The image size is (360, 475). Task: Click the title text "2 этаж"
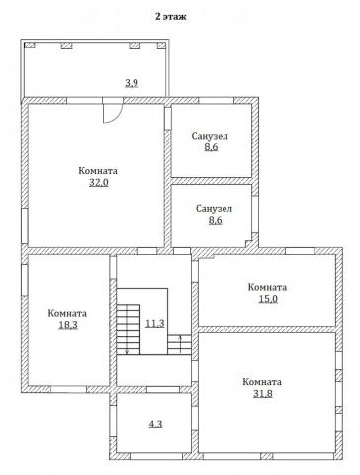point(170,17)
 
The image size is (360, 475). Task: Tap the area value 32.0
point(99,182)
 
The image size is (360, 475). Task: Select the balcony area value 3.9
point(132,83)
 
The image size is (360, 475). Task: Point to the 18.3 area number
point(68,325)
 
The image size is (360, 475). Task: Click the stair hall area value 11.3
point(155,323)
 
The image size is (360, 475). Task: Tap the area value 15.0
point(268,299)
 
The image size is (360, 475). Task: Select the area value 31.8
point(263,394)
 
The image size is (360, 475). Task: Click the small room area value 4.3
point(155,424)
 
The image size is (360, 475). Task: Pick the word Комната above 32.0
point(98,171)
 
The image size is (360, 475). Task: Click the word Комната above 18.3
point(67,313)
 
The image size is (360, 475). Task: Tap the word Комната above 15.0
point(267,287)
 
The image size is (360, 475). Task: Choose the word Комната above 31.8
point(262,382)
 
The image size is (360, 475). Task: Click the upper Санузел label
point(210,136)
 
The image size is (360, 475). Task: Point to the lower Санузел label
point(215,209)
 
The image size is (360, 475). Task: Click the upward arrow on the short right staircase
point(180,343)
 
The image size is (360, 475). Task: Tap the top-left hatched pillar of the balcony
point(30,46)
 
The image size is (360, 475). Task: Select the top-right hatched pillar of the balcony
point(161,46)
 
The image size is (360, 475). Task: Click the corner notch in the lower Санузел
point(251,239)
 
